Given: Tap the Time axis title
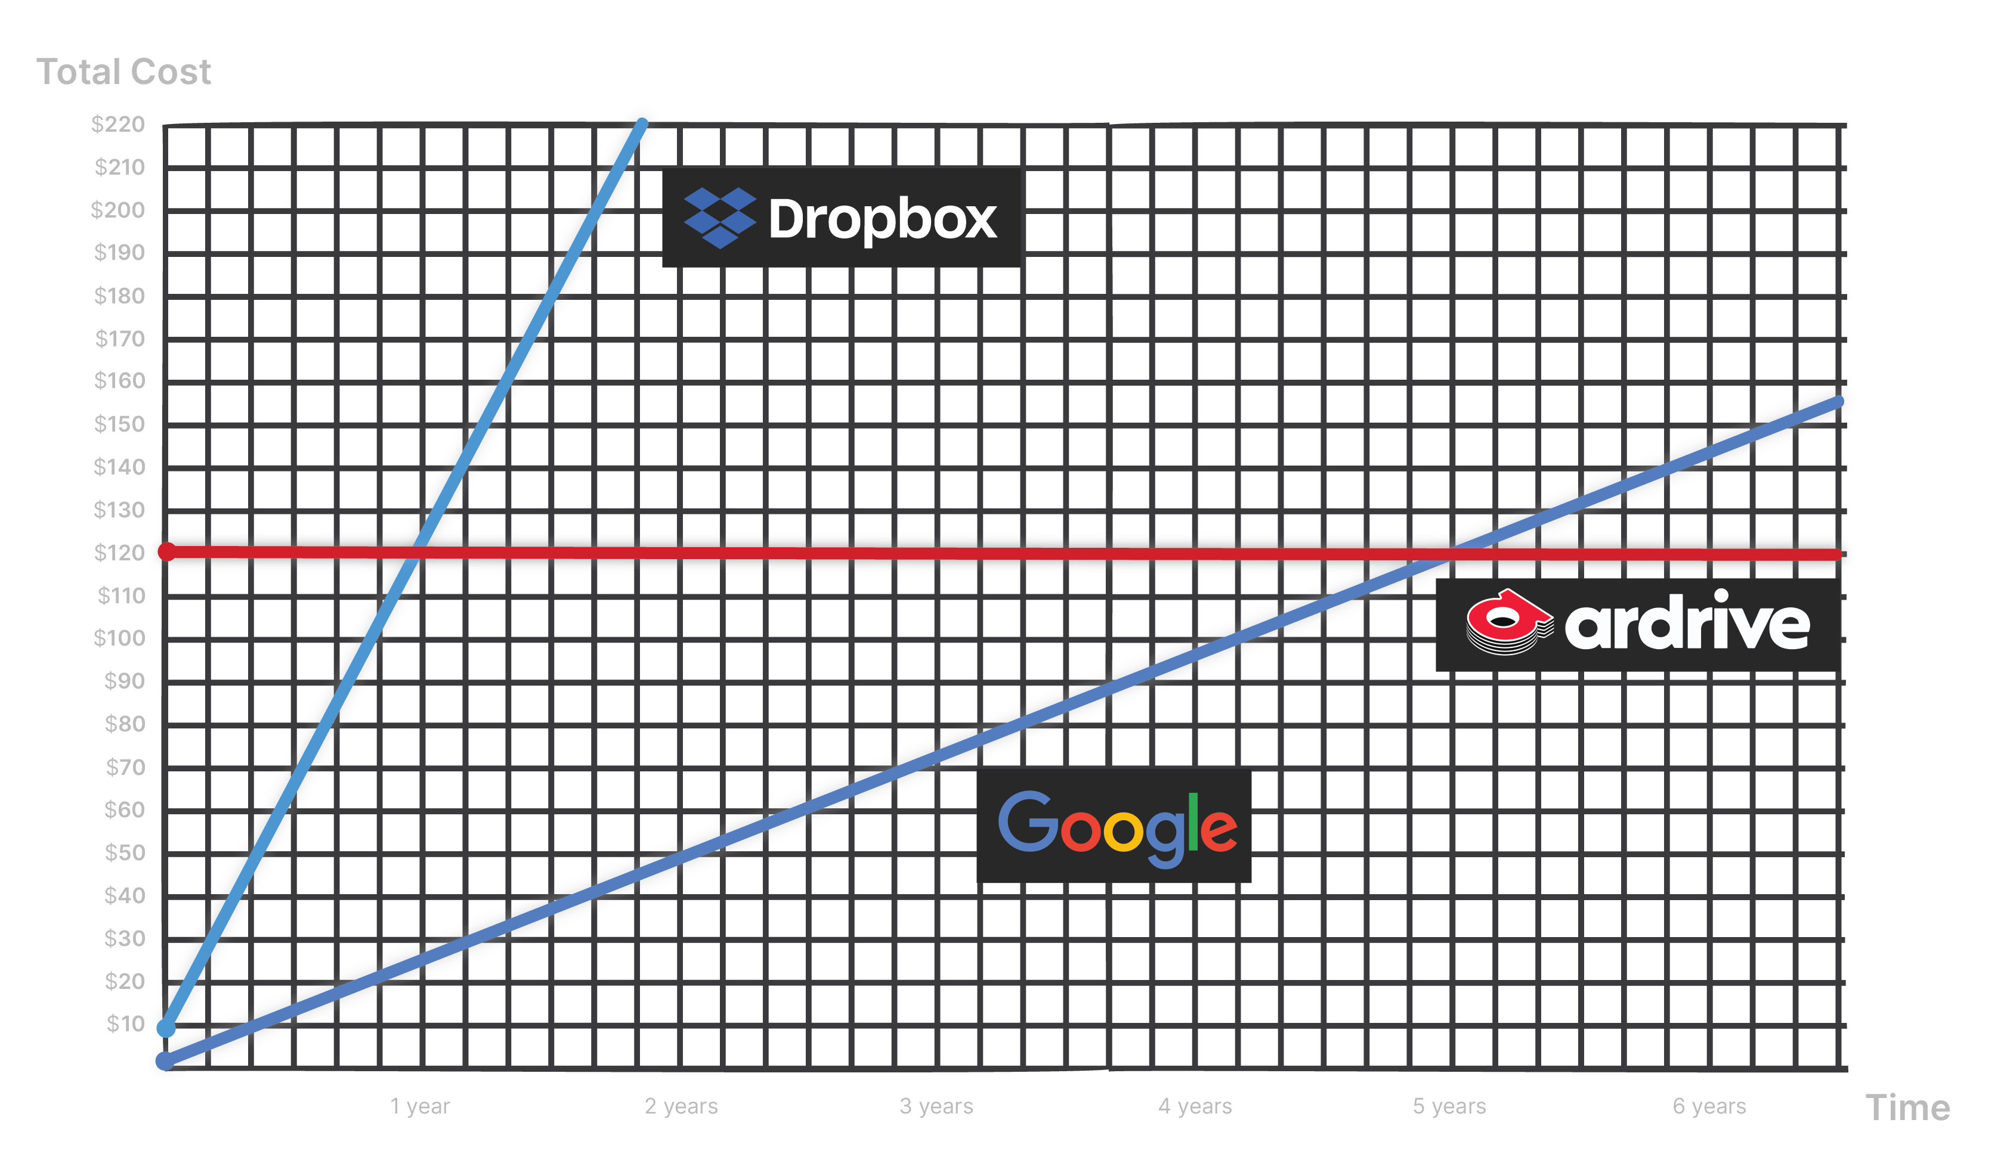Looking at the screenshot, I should (1907, 1108).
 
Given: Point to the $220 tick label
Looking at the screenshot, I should (118, 124).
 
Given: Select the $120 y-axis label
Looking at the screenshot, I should (119, 553).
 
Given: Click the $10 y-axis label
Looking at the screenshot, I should (126, 1023).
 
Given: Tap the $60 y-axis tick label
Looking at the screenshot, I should (124, 810).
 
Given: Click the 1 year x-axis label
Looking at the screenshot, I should (420, 1106).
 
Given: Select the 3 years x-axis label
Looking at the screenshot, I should (936, 1106).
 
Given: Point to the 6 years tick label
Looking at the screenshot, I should (1709, 1106).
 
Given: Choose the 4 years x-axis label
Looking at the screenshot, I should (1195, 1106).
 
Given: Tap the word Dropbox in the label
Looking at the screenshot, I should (883, 219).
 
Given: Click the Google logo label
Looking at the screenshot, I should (1117, 828).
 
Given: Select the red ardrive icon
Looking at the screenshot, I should (1508, 622).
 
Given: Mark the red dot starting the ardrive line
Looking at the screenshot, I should (166, 551).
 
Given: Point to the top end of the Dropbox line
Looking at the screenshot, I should (642, 123).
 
